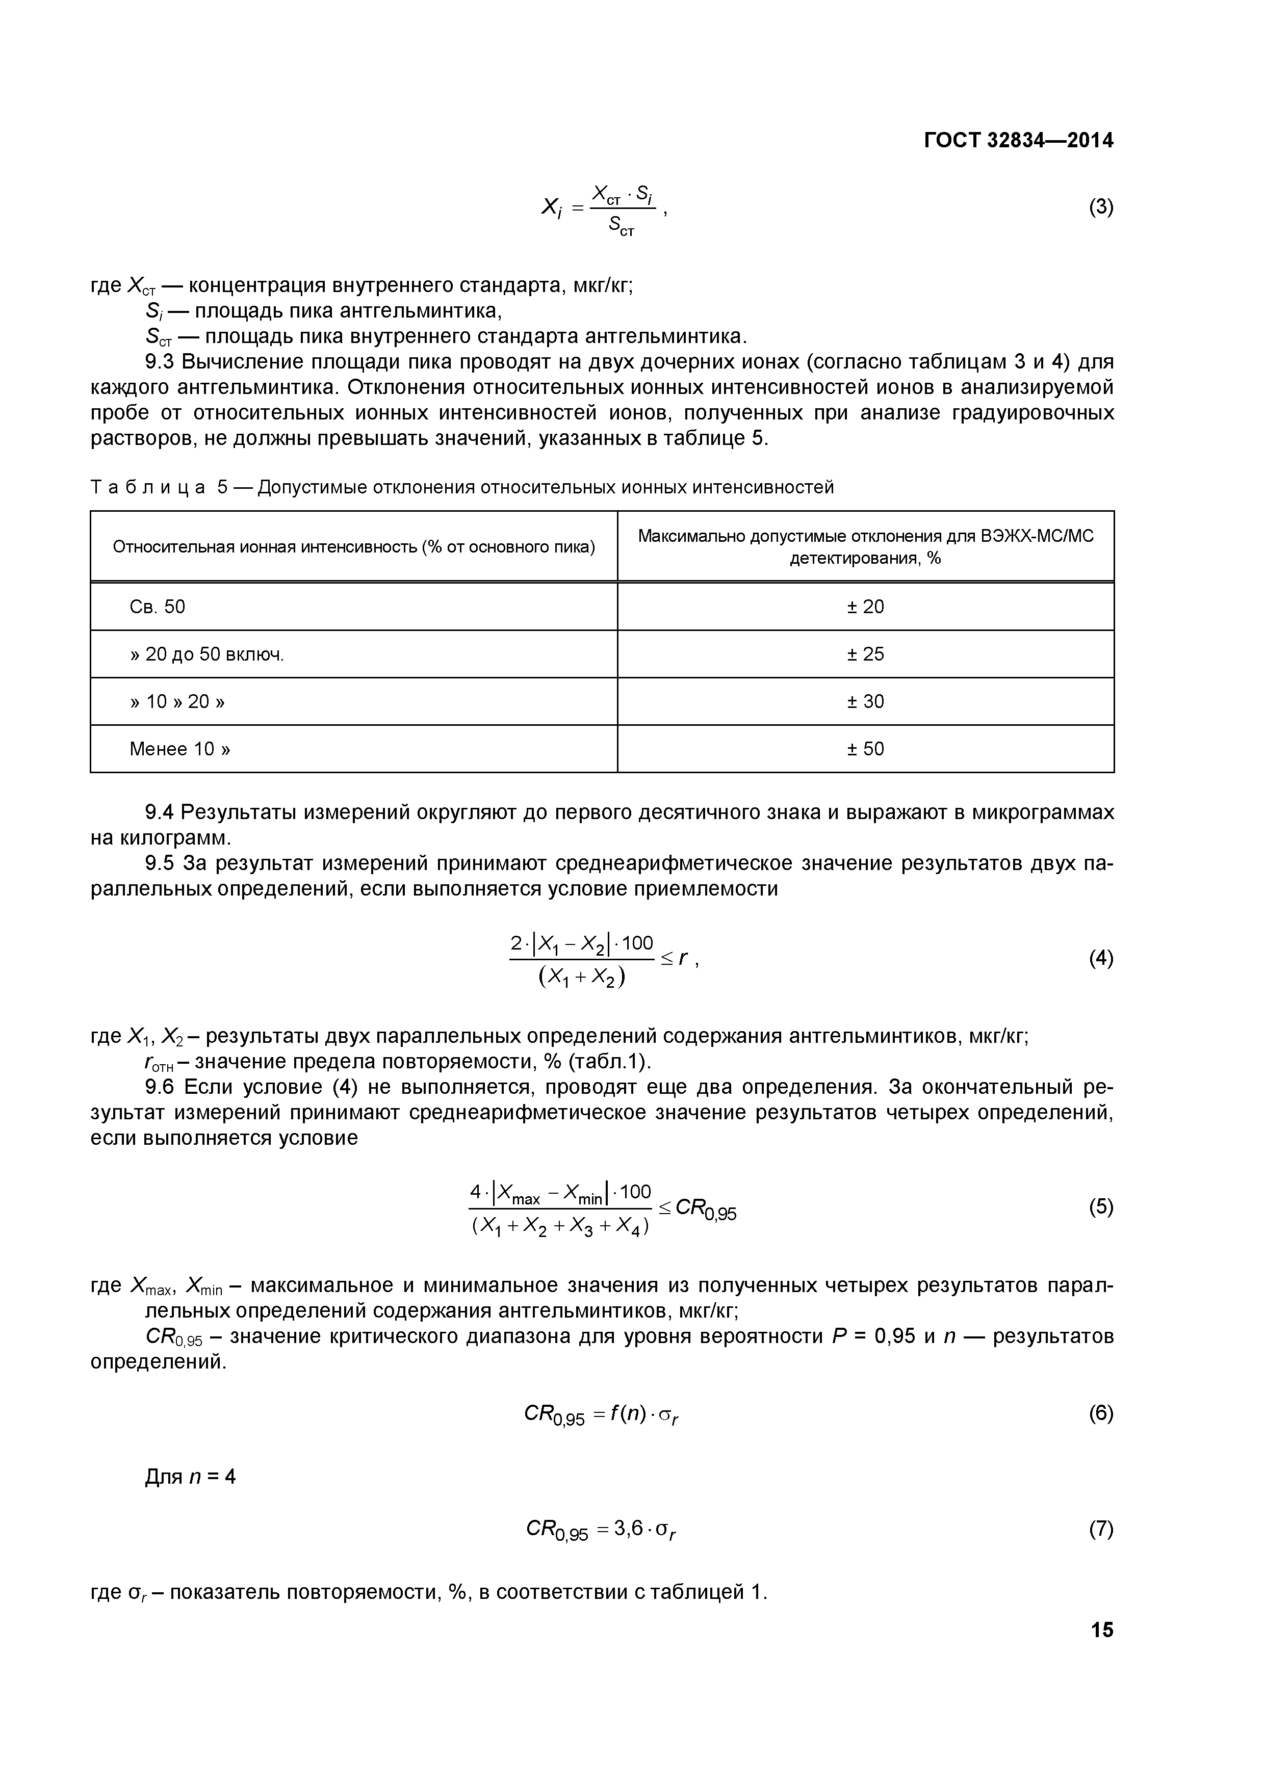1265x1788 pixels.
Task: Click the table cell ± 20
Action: click(865, 607)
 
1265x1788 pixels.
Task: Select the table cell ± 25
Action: click(865, 654)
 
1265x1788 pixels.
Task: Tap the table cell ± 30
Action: click(865, 702)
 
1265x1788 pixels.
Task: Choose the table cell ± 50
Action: click(865, 749)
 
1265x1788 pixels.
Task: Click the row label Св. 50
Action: click(158, 607)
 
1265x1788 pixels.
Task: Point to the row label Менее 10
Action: click(179, 749)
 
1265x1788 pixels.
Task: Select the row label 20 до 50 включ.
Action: click(214, 654)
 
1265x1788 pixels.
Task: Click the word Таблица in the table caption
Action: click(148, 487)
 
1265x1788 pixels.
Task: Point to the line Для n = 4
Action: click(190, 1477)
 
